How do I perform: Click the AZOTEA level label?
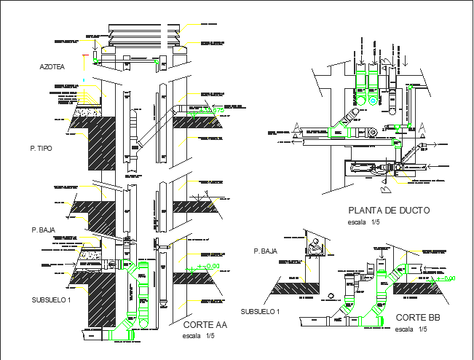[x=52, y=67]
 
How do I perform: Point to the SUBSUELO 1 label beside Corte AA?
[x=52, y=300]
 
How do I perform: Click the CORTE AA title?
[x=205, y=325]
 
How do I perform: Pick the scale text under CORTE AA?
[x=198, y=336]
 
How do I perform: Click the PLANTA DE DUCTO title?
[x=389, y=211]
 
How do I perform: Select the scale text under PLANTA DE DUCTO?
[x=363, y=222]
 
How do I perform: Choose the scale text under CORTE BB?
[x=409, y=329]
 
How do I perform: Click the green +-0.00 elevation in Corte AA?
[x=209, y=267]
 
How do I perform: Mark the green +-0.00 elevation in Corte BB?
[x=446, y=278]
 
